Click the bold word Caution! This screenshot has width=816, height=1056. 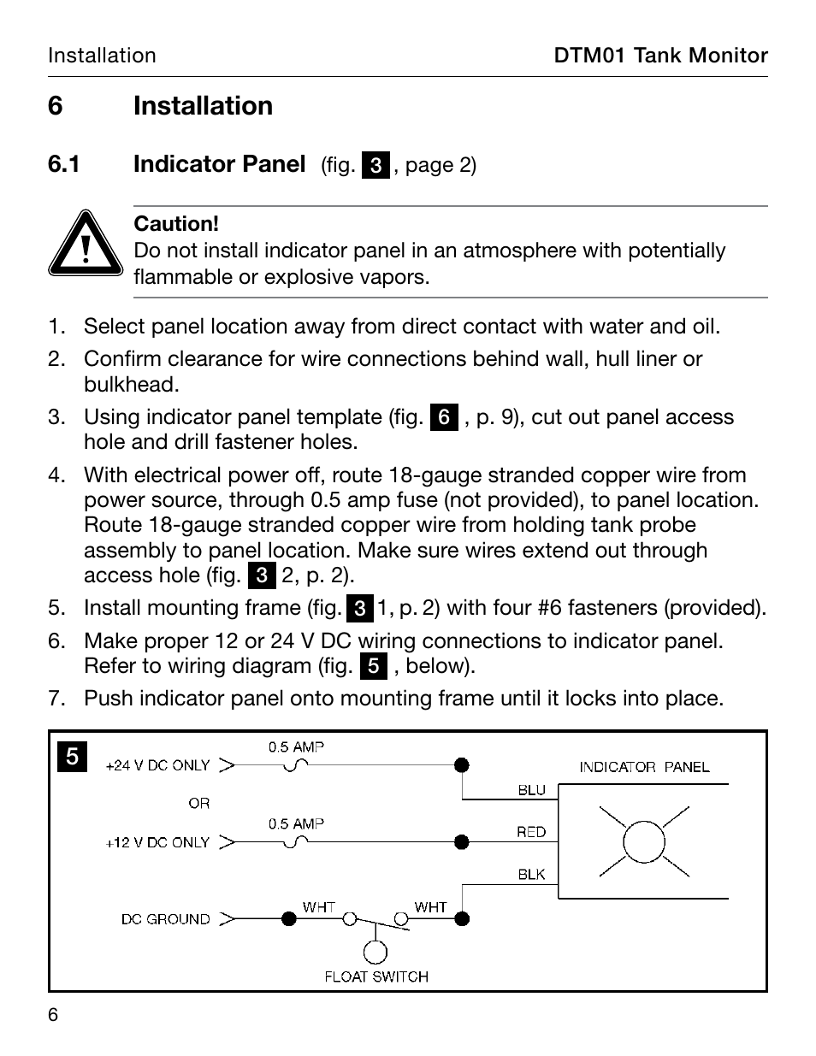click(176, 224)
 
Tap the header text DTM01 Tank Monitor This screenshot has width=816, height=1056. click(660, 56)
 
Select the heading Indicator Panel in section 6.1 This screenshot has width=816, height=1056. click(219, 163)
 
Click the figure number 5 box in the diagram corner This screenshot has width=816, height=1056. click(73, 757)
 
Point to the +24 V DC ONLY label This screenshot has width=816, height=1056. click(157, 765)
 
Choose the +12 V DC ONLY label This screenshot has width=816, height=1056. click(157, 842)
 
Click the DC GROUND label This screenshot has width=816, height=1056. click(165, 919)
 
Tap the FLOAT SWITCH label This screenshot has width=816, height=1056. click(376, 976)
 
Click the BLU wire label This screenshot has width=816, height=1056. click(531, 790)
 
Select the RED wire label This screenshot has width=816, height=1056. click(531, 832)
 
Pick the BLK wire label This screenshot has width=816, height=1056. click(531, 874)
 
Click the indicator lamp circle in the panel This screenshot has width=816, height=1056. click(644, 842)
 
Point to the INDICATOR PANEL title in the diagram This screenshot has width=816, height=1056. click(644, 767)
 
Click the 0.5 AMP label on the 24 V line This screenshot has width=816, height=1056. click(296, 746)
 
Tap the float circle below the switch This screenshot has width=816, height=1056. click(375, 952)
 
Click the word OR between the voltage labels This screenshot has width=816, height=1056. click(199, 803)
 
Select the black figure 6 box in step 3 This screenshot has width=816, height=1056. click(444, 417)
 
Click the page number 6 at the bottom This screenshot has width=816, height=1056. click(53, 1015)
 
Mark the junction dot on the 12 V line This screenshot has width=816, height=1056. click(462, 842)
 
